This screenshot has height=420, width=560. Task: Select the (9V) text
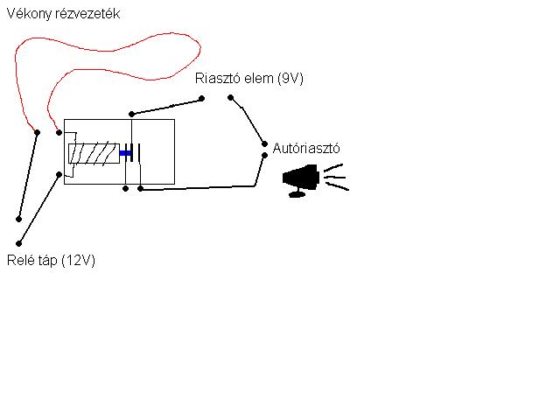(x=290, y=79)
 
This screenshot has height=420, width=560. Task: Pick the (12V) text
(x=79, y=261)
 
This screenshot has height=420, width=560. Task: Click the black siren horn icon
(x=299, y=179)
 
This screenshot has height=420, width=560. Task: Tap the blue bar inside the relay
(x=124, y=153)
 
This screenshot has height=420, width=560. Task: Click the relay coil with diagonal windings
(x=94, y=153)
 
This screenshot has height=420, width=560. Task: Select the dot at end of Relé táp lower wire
(x=18, y=243)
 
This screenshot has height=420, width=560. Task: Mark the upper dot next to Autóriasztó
(x=263, y=143)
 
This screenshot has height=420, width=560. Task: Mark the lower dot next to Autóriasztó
(x=263, y=156)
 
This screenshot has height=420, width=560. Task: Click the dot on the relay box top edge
(x=131, y=114)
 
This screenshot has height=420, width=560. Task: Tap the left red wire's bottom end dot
(x=37, y=132)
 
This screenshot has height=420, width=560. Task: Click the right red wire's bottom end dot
(x=59, y=133)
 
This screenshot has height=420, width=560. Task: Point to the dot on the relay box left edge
(x=59, y=174)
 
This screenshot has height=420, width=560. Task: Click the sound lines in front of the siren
(x=335, y=178)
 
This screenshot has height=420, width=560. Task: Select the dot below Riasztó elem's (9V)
(x=231, y=98)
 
